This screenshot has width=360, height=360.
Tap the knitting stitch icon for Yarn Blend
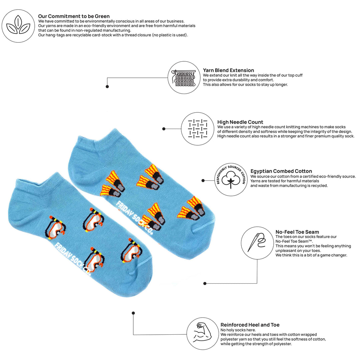pyautogui.click(x=184, y=78)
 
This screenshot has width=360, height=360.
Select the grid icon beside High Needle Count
pyautogui.click(x=198, y=129)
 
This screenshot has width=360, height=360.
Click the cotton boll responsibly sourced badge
pyautogui.click(x=231, y=180)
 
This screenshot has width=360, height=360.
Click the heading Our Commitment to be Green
pyautogui.click(x=74, y=16)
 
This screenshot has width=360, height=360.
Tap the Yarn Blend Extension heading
pyautogui.click(x=228, y=70)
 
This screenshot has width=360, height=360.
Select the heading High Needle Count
pyautogui.click(x=240, y=122)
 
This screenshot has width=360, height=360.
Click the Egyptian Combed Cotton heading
pyautogui.click(x=281, y=171)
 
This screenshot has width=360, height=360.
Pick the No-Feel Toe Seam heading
pyautogui.click(x=297, y=232)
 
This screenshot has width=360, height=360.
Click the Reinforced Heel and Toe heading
pyautogui.click(x=250, y=325)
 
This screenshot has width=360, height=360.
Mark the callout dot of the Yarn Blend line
pyautogui.click(x=107, y=87)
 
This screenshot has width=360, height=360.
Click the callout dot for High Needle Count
pyautogui.click(x=164, y=129)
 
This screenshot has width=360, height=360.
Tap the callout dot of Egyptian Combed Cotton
pyautogui.click(x=203, y=181)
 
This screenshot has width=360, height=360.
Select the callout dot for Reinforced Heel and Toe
pyautogui.click(x=133, y=313)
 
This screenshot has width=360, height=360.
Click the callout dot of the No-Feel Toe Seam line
pyautogui.click(x=205, y=284)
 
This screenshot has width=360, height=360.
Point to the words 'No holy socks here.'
pyautogui.click(x=238, y=330)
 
